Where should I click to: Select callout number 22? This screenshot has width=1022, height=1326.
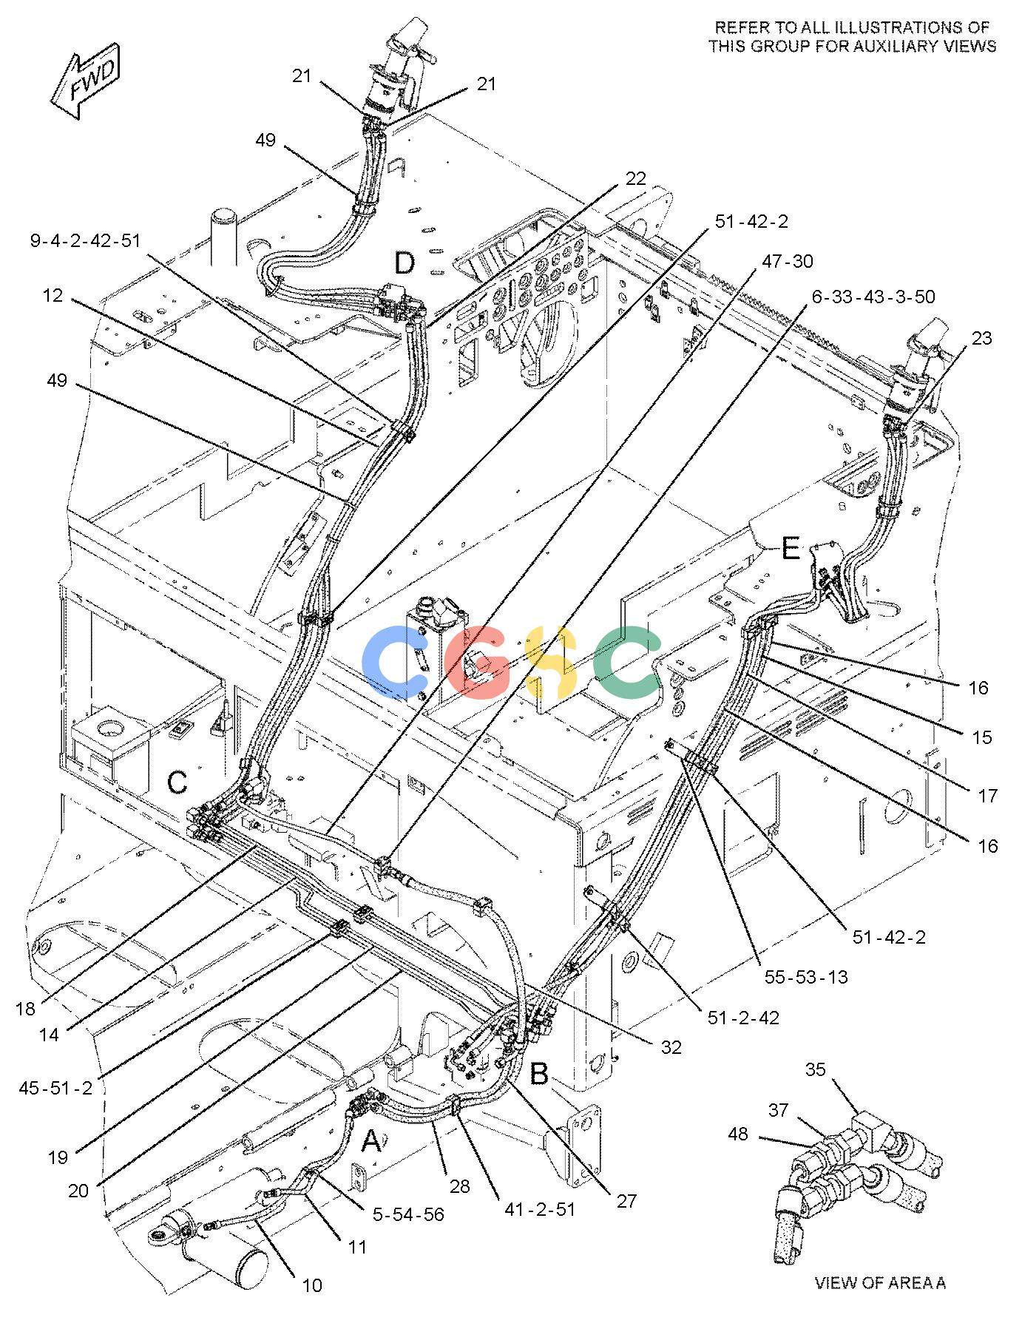point(635,179)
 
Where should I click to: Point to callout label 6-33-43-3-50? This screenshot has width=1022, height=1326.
point(873,297)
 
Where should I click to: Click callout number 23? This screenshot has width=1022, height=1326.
point(982,338)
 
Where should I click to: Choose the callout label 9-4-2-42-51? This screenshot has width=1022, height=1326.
point(85,240)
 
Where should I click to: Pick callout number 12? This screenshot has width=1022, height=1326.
point(53,297)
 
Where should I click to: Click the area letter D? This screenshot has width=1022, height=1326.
point(405,263)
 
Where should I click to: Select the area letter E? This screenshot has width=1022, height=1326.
point(791,549)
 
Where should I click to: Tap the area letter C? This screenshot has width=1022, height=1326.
point(177,782)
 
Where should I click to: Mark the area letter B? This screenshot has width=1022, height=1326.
point(540,1074)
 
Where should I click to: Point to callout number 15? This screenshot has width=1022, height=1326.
point(982,737)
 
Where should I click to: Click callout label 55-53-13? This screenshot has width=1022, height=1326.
point(806,977)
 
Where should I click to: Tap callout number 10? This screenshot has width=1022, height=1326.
point(313,1285)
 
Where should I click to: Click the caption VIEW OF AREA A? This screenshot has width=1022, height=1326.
point(880,1283)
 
